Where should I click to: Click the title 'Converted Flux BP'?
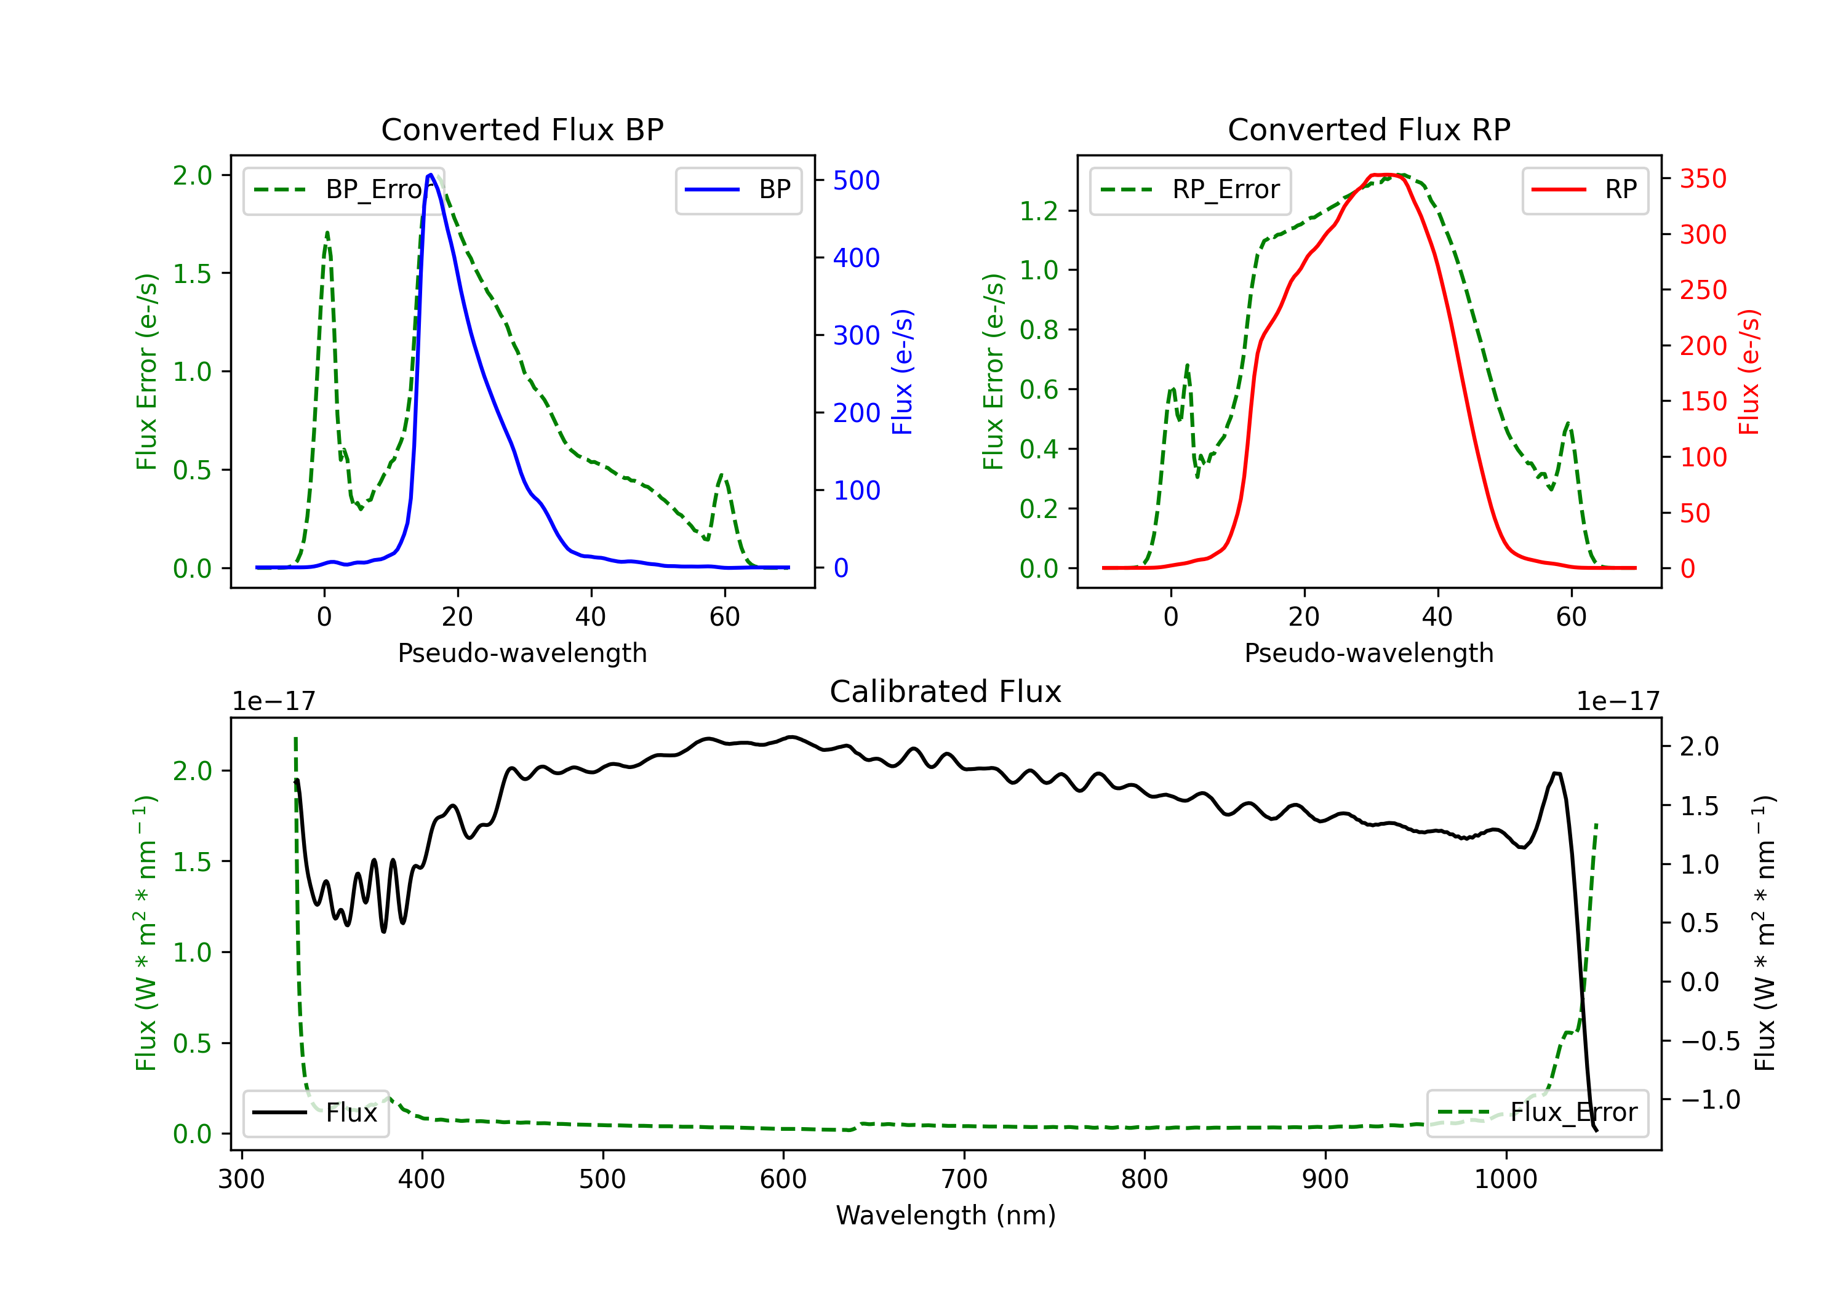point(522,129)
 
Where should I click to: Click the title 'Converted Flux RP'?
point(1369,129)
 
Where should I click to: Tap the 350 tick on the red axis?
point(1703,178)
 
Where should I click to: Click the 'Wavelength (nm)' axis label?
point(946,1215)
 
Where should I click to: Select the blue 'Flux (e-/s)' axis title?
point(902,372)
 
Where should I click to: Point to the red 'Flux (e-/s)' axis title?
point(1749,372)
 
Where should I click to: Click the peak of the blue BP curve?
point(431,175)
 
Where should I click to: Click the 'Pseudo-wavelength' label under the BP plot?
point(522,653)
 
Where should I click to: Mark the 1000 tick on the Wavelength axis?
point(1505,1179)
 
